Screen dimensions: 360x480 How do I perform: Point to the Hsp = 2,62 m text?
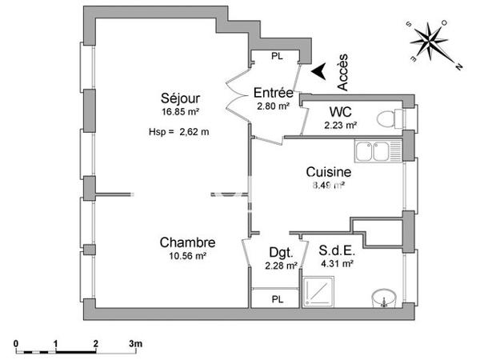(x=178, y=133)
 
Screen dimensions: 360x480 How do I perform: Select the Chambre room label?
(x=187, y=242)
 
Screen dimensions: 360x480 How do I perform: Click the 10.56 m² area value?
(x=187, y=257)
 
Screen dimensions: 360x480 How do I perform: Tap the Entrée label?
(x=272, y=92)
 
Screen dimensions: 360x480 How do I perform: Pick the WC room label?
(x=340, y=111)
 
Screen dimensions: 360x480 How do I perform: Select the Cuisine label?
(x=329, y=171)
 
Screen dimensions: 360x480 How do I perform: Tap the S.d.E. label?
(x=337, y=248)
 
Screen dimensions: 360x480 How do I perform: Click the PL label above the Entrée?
(x=277, y=56)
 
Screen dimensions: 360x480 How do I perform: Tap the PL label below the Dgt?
(x=277, y=299)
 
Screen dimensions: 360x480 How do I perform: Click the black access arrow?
(x=319, y=72)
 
